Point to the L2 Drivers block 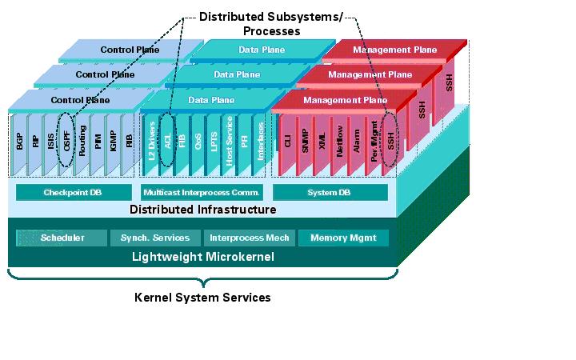(151, 139)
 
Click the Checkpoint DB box (74, 193)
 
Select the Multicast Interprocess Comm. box (202, 193)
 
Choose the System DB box (330, 193)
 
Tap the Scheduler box (62, 238)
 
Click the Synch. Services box (155, 238)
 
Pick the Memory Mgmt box (343, 238)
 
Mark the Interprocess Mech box (250, 238)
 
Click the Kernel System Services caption (202, 298)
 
